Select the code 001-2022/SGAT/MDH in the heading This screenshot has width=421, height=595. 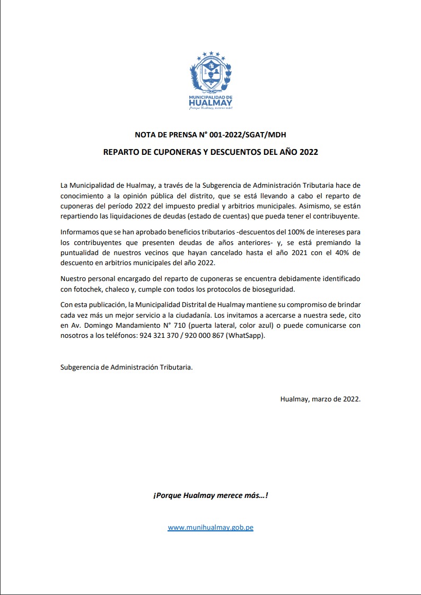point(250,135)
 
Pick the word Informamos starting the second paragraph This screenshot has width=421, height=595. point(80,233)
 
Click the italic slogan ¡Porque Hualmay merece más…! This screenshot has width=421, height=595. point(210,496)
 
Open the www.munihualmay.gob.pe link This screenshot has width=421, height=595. point(210,528)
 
